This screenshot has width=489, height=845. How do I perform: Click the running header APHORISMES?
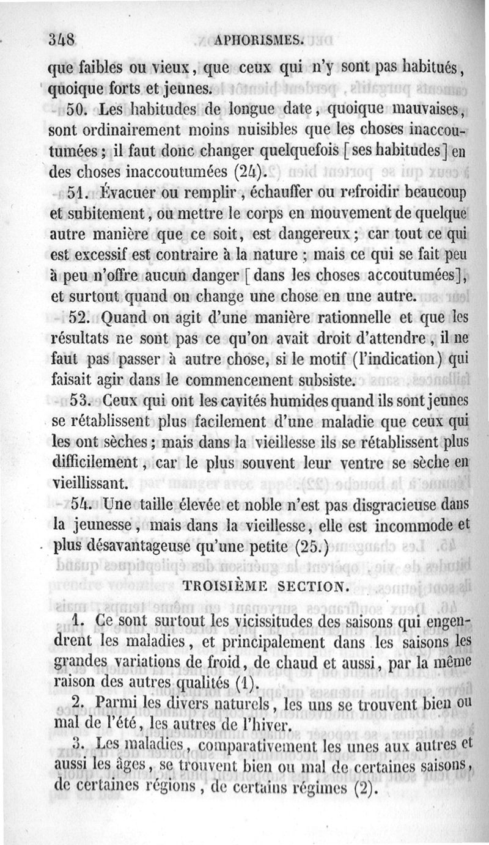(x=259, y=41)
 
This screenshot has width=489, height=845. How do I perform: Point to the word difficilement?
(x=93, y=463)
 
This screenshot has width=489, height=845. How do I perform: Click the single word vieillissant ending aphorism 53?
(x=90, y=484)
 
